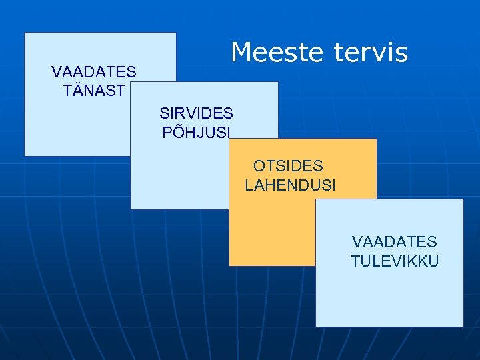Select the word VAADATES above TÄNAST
(x=94, y=71)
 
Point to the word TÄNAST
(x=94, y=91)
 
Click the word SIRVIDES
(x=196, y=113)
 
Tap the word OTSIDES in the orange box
(x=288, y=166)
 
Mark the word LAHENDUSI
(x=291, y=185)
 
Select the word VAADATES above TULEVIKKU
(x=395, y=242)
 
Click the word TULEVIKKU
(x=395, y=261)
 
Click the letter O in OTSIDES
(x=259, y=166)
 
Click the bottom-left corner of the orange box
(x=229, y=265)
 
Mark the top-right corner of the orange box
(x=377, y=139)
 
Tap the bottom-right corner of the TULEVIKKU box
(x=463, y=327)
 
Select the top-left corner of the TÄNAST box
(x=25, y=33)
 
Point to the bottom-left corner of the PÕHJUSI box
(x=131, y=209)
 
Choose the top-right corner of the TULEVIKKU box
(x=463, y=199)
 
